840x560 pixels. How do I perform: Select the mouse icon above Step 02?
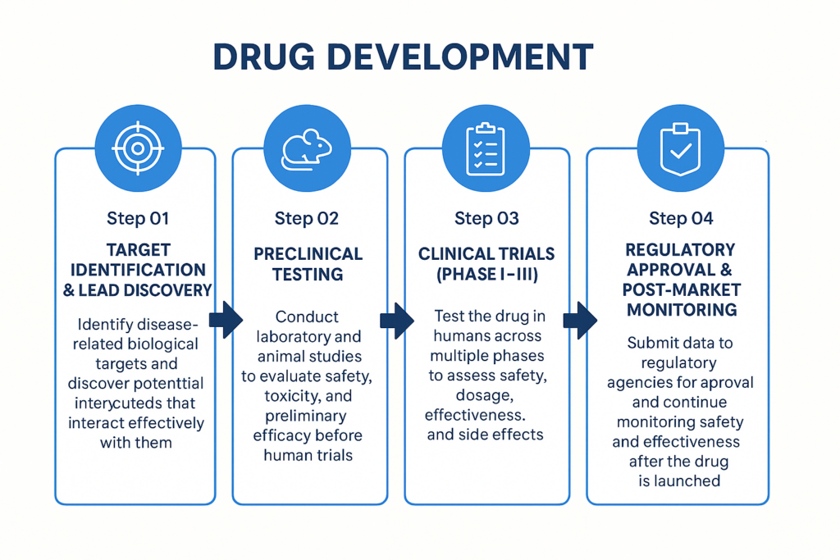pyautogui.click(x=307, y=148)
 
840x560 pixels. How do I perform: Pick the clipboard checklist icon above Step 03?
pyautogui.click(x=485, y=148)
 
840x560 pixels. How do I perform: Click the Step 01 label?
pyautogui.click(x=138, y=218)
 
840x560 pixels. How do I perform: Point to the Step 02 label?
pyautogui.click(x=307, y=218)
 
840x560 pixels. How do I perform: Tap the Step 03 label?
pyautogui.click(x=486, y=218)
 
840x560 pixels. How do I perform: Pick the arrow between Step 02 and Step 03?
pyautogui.click(x=396, y=320)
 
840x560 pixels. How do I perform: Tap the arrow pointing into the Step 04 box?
pyautogui.click(x=580, y=320)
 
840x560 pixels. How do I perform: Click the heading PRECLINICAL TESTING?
pyautogui.click(x=308, y=264)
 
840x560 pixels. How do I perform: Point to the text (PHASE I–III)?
pyautogui.click(x=486, y=275)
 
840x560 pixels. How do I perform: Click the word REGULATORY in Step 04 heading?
pyautogui.click(x=680, y=249)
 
